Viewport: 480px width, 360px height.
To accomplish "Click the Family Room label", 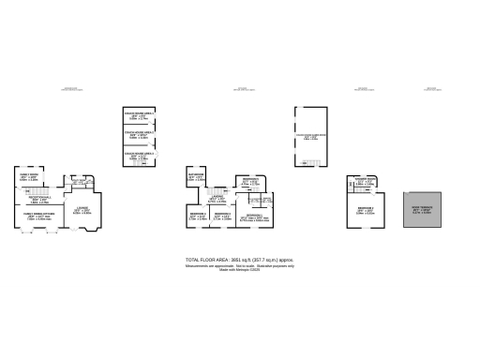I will pos(29,175).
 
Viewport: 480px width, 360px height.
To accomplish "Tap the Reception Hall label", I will pos(37,198).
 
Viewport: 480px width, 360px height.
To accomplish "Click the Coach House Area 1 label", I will pos(139,116).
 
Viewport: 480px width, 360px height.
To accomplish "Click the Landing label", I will pos(217,198).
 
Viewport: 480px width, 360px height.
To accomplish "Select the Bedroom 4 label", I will pos(199,216).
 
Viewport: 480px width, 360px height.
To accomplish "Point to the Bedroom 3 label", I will pos(222,216).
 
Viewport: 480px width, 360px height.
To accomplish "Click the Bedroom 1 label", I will pos(252,218).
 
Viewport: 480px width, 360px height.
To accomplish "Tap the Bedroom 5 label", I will pos(249,181).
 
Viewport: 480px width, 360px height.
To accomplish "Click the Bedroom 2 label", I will pos(365,209).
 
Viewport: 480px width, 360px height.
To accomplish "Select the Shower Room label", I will pos(365,180).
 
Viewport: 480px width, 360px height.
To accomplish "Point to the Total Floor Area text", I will pos(240,260).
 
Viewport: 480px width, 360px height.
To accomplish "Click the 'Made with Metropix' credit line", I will pos(240,270).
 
